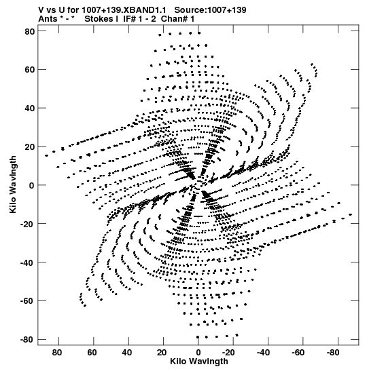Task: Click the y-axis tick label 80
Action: [30, 31]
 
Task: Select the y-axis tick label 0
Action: [32, 186]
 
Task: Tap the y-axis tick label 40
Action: [30, 109]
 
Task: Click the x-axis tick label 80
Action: [57, 353]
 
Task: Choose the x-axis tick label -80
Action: [333, 353]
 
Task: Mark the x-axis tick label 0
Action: [198, 353]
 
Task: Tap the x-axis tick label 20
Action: [162, 353]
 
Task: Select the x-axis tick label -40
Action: [263, 353]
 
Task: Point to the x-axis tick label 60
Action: [92, 353]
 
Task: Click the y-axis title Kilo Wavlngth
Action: [13, 184]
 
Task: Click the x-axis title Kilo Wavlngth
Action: [199, 362]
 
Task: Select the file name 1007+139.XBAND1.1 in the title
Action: [124, 10]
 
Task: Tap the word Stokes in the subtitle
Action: [99, 19]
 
